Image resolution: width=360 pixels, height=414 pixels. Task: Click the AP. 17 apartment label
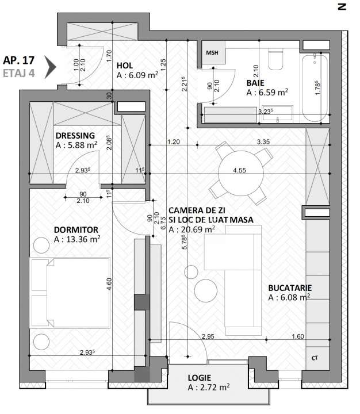(x=19, y=60)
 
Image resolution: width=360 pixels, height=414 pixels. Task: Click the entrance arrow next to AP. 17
(x=51, y=66)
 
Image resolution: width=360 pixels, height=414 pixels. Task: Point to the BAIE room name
(x=256, y=82)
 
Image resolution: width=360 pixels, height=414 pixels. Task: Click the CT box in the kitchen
(x=315, y=358)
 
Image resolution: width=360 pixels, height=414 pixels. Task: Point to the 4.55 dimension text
(x=240, y=171)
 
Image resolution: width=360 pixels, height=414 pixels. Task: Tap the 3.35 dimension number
(x=263, y=141)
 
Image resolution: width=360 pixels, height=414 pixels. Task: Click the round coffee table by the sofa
(x=205, y=290)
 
